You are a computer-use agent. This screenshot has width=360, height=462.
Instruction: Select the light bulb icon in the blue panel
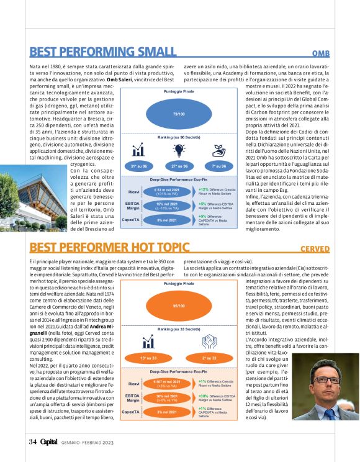[179, 150]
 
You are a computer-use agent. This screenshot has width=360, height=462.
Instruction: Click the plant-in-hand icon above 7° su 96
[218, 150]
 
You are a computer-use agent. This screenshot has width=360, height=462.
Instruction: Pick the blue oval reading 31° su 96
[139, 166]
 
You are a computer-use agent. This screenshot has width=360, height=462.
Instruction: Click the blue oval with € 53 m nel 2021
[168, 192]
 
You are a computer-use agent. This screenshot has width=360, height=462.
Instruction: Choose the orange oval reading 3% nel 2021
[168, 412]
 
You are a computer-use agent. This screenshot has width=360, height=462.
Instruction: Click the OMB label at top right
[320, 54]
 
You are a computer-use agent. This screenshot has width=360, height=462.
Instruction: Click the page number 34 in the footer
[33, 442]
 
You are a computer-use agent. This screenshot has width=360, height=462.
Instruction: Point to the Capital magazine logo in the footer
[49, 442]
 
